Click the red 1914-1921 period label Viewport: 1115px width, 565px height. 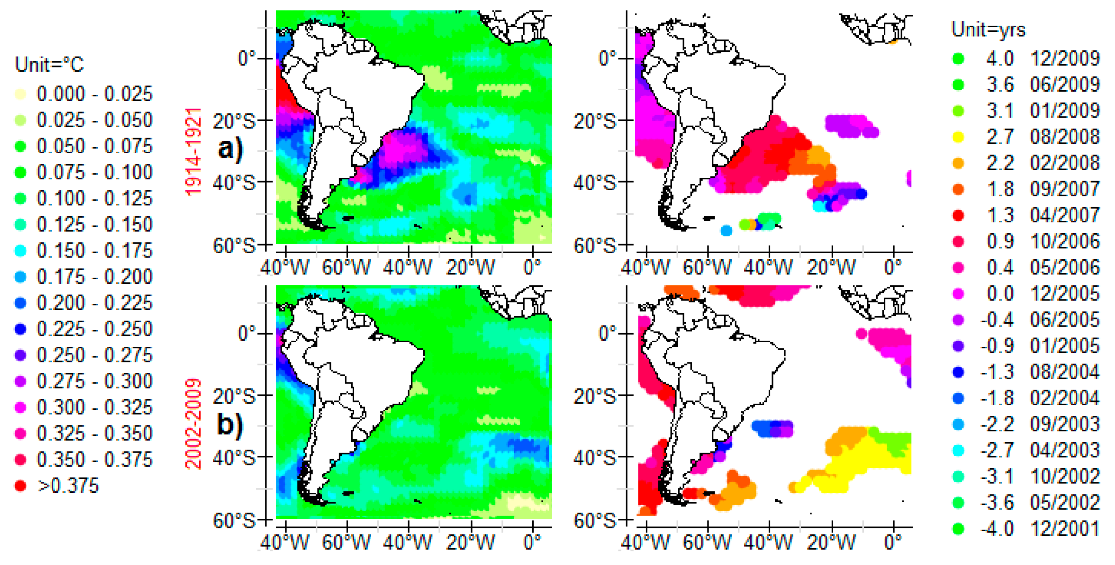194,151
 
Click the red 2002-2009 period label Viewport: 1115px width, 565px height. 194,424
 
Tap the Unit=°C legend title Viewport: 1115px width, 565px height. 49,65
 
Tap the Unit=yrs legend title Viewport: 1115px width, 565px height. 988,29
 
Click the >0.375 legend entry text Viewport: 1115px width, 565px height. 68,486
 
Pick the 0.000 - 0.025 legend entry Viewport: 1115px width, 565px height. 94,94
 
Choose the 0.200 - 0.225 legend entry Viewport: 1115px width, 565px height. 94,303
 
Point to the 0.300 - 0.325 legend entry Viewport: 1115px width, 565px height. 94,407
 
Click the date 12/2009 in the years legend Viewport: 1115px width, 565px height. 1065,59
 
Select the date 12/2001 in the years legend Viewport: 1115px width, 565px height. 1065,528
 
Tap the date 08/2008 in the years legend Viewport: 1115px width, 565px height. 1065,137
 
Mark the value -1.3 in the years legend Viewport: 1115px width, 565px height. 997,372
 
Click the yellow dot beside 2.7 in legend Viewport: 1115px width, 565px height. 958,137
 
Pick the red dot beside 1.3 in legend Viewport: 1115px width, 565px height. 958,215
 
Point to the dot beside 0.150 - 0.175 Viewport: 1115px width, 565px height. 20,251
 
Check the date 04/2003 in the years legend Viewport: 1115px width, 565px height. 1065,450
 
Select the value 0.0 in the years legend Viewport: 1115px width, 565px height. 1000,294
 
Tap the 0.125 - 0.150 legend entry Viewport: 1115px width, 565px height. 94,224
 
